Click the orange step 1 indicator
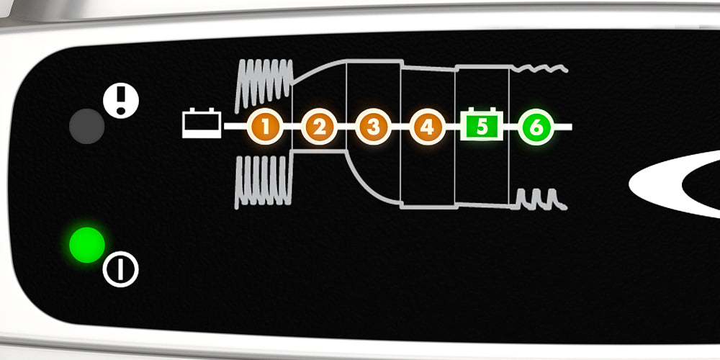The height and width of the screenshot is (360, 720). (266, 127)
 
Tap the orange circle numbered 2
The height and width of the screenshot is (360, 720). (319, 127)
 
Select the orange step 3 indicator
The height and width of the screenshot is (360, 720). (372, 127)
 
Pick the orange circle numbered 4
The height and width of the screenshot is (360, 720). (427, 127)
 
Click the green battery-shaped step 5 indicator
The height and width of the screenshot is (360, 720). (482, 126)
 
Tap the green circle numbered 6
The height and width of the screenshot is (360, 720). (536, 127)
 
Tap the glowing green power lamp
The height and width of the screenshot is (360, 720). (86, 245)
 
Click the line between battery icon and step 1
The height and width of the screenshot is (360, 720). (235, 127)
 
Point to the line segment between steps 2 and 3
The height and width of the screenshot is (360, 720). (346, 127)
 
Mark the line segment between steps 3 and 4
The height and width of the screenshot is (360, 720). (400, 127)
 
